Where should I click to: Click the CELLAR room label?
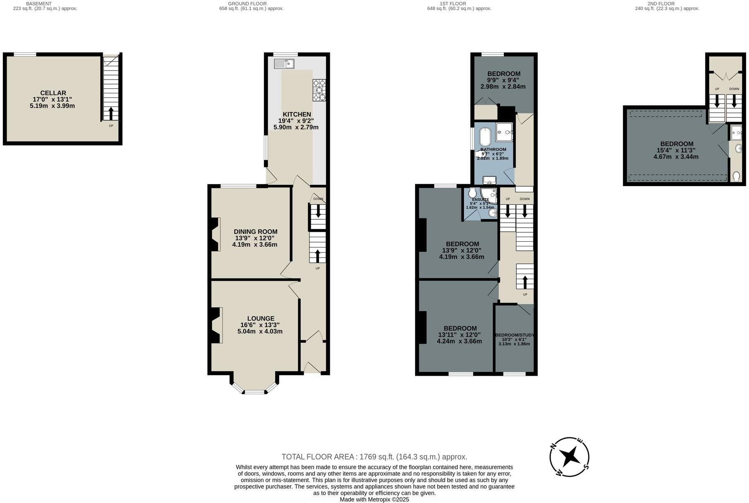[x=53, y=93]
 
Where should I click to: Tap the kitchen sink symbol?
[x=284, y=63]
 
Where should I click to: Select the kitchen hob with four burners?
[x=319, y=90]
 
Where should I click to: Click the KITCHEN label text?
[x=297, y=114]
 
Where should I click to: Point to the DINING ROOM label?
[x=255, y=232]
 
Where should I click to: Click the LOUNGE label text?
[x=261, y=318]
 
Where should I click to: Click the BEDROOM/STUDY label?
[x=515, y=335]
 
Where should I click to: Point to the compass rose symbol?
[x=570, y=457]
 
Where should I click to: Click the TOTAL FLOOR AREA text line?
[x=374, y=457]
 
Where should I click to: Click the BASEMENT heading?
[x=39, y=4]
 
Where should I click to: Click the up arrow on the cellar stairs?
[x=111, y=113]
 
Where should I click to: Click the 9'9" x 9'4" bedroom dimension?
[x=503, y=80]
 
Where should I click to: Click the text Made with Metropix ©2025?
[x=374, y=500]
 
